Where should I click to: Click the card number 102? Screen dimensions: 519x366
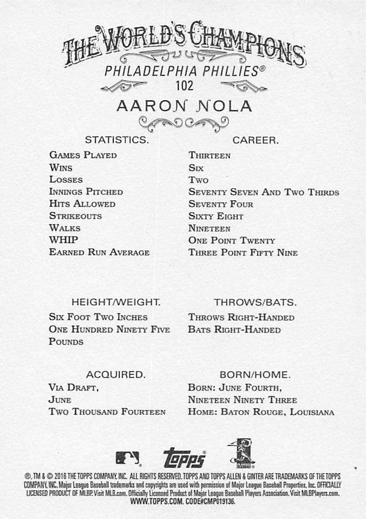coord(184,86)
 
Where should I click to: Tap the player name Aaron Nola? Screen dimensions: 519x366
coord(184,106)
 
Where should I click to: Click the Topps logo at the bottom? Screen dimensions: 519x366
coord(184,458)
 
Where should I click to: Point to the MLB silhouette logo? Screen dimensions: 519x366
coord(127,458)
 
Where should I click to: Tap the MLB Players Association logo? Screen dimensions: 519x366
coord(241,454)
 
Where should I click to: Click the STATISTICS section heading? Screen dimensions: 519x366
coord(117,140)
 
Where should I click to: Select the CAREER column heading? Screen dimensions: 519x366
coord(255,140)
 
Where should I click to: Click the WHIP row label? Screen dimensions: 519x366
coord(64,240)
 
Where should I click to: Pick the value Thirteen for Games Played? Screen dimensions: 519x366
coord(210,155)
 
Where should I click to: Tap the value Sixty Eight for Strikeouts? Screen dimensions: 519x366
coord(216,216)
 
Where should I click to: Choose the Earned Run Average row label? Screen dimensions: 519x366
coord(99,252)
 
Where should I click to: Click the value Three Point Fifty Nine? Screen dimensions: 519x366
coord(243,253)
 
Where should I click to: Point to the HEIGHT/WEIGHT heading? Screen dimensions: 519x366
coord(116,302)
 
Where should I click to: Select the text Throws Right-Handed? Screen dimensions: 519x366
coord(241,317)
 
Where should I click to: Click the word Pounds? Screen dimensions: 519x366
coord(66,341)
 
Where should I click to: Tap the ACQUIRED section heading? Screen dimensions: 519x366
coord(116,375)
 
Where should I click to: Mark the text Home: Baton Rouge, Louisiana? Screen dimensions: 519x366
coord(261,412)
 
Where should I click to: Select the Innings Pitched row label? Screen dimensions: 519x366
coord(86,191)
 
